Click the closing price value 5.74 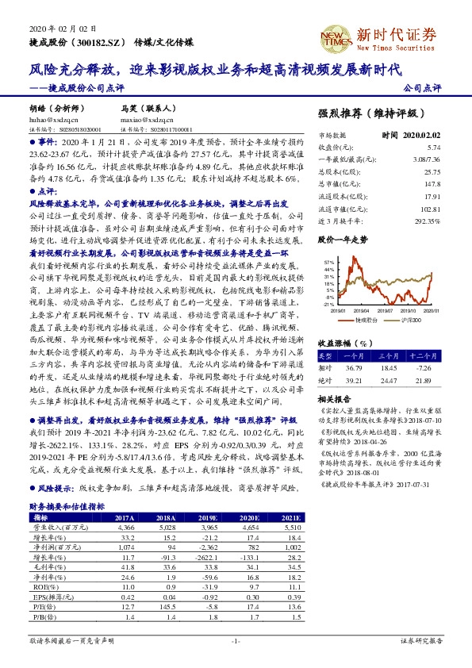pos(433,148)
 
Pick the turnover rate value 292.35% pos(426,221)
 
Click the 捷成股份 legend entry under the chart pos(363,319)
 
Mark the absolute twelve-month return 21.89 pos(423,380)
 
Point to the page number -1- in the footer pos(236,640)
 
